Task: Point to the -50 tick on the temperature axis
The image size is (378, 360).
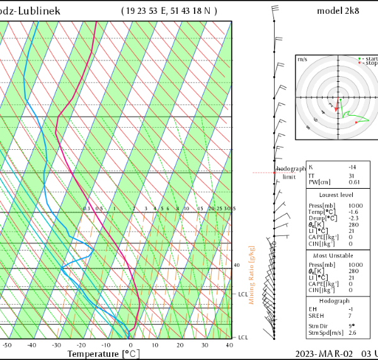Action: pyautogui.click(x=7, y=345)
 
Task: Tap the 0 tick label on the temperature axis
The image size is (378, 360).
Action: pyautogui.click(x=130, y=345)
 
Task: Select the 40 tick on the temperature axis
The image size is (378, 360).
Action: pyautogui.click(x=229, y=345)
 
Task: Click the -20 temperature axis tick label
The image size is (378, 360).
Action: pyautogui.click(x=81, y=345)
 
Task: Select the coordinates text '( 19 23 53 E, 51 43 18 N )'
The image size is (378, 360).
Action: pyautogui.click(x=178, y=11)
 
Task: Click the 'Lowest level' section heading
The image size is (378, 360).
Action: pyautogui.click(x=337, y=195)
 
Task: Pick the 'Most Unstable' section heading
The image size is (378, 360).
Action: pyautogui.click(x=337, y=256)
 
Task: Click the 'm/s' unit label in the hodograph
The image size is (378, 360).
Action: pyautogui.click(x=302, y=59)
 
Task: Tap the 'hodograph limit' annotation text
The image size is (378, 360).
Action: pyautogui.click(x=290, y=172)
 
